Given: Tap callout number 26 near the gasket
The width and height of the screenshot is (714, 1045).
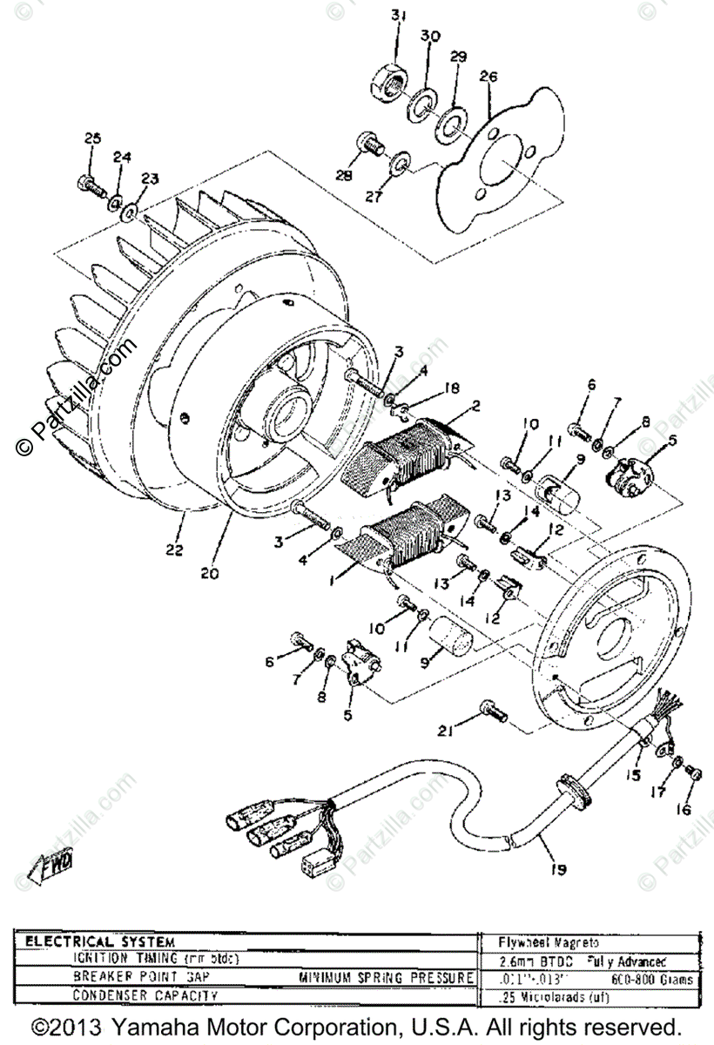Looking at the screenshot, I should (488, 77).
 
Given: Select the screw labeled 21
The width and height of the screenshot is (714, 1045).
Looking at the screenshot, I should (495, 713).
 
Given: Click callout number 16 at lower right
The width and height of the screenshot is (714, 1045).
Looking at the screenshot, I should (682, 810).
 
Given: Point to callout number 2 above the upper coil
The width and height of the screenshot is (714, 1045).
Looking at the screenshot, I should (475, 406).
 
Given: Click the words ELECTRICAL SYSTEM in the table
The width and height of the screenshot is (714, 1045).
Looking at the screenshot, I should (100, 942).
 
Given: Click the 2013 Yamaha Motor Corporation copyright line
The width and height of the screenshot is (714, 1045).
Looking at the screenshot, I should (356, 1025).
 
